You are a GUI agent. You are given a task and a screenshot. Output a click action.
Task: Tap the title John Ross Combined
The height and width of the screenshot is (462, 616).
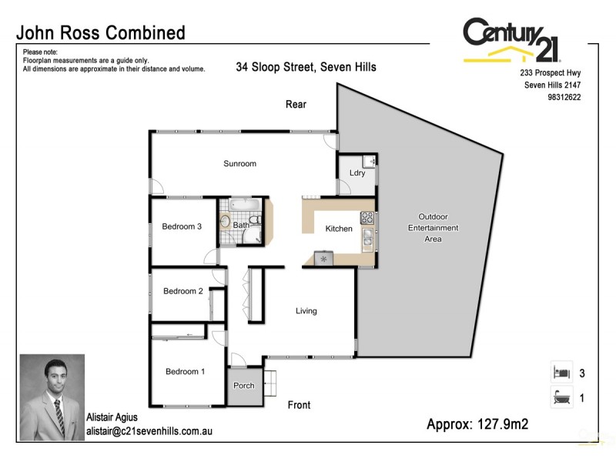(x=101, y=32)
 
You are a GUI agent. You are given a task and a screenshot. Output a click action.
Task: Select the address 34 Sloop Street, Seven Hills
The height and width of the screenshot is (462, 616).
(x=306, y=67)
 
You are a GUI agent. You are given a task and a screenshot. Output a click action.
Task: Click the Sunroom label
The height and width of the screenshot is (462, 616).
(x=239, y=164)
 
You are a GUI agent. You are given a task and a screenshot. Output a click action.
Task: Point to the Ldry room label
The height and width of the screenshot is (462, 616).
(x=357, y=173)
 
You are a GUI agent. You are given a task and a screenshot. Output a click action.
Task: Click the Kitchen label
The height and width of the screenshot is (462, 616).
(x=339, y=229)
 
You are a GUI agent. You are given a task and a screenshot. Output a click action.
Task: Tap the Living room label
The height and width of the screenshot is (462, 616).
(x=306, y=311)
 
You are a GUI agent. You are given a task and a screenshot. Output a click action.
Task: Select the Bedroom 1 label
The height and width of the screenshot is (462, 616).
(x=185, y=372)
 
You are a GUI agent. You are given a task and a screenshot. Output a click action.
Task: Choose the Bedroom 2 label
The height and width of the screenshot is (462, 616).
(x=182, y=291)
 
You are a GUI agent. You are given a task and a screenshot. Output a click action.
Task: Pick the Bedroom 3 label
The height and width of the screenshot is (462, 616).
(x=182, y=226)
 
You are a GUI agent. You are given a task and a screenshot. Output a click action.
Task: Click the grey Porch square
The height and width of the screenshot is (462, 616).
(x=243, y=386)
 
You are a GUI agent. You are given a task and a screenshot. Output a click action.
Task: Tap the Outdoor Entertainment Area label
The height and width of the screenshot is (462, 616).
(x=433, y=228)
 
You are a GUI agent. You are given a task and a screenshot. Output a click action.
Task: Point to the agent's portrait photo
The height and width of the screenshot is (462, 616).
(x=52, y=397)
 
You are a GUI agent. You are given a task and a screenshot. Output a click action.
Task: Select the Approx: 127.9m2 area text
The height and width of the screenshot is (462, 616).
(x=477, y=424)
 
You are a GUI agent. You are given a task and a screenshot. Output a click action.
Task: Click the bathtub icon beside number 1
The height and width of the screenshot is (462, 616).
(x=560, y=397)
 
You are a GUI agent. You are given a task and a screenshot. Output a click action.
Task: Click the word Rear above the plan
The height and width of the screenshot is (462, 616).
(x=296, y=104)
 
